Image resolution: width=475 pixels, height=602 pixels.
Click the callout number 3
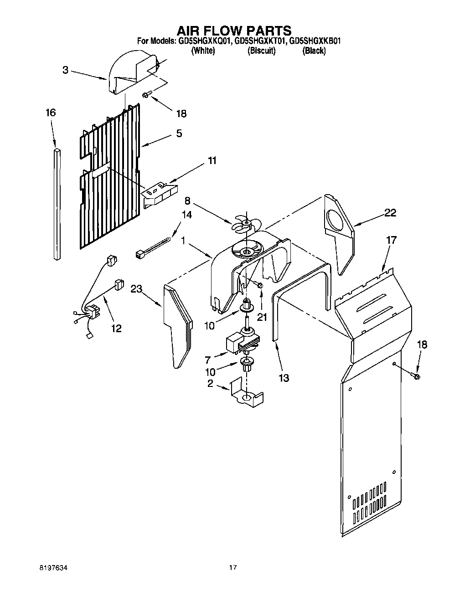pyautogui.click(x=66, y=70)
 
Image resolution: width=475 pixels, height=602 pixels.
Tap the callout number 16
pyautogui.click(x=51, y=113)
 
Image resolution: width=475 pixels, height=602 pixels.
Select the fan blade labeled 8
pyautogui.click(x=245, y=224)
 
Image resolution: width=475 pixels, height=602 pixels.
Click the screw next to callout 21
pyautogui.click(x=260, y=285)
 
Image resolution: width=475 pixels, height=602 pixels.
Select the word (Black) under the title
pyautogui.click(x=314, y=51)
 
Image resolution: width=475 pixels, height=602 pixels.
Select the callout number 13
pyautogui.click(x=283, y=378)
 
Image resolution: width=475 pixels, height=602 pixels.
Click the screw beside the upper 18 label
pyautogui.click(x=146, y=94)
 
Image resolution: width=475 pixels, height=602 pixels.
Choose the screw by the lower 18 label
pyautogui.click(x=416, y=376)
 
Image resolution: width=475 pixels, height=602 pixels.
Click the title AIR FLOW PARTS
pyautogui.click(x=234, y=31)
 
